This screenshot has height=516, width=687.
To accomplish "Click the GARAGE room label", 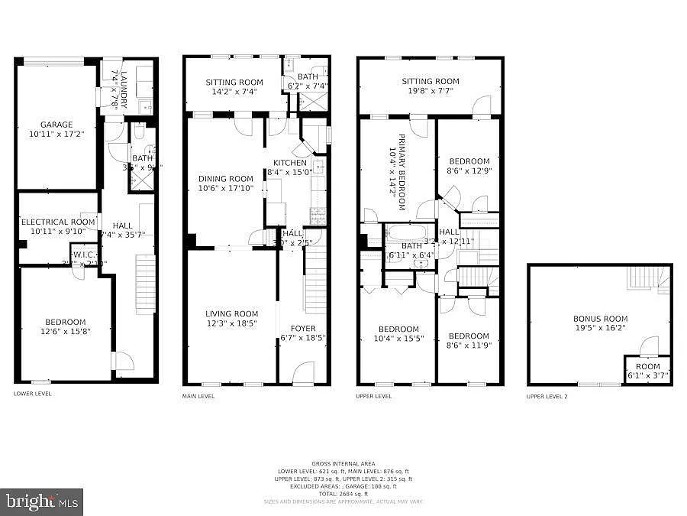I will [56, 125].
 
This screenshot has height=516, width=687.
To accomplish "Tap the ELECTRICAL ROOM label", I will [58, 222].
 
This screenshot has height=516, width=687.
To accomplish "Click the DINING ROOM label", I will [225, 179].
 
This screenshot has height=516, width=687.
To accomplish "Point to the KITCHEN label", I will [290, 163].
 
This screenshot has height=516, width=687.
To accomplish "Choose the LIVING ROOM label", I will [231, 313].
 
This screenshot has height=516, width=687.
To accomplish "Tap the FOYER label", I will [302, 328].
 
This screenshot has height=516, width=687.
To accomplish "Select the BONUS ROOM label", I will [600, 319].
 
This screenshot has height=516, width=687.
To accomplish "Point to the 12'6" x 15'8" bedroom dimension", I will [65, 332].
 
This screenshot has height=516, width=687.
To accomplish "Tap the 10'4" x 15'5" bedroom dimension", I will [398, 339].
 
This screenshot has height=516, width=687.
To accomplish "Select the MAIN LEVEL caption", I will [198, 396].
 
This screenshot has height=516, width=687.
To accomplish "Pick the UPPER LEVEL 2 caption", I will [547, 396].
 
